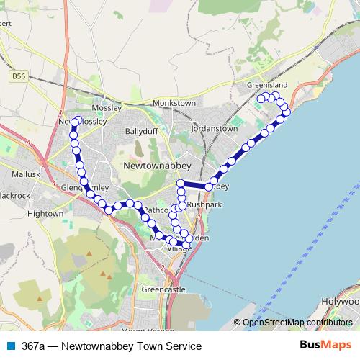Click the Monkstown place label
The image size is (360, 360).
click(174, 103)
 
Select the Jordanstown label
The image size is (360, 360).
click(214, 128)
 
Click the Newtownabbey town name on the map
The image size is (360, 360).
click(153, 165)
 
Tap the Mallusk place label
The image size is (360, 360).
click(27, 174)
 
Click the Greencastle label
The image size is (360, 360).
click(164, 289)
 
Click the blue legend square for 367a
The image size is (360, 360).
click(11, 346)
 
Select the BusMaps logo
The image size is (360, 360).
click(325, 346)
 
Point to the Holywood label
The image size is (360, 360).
click(341, 302)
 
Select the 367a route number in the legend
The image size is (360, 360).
click(32, 346)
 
